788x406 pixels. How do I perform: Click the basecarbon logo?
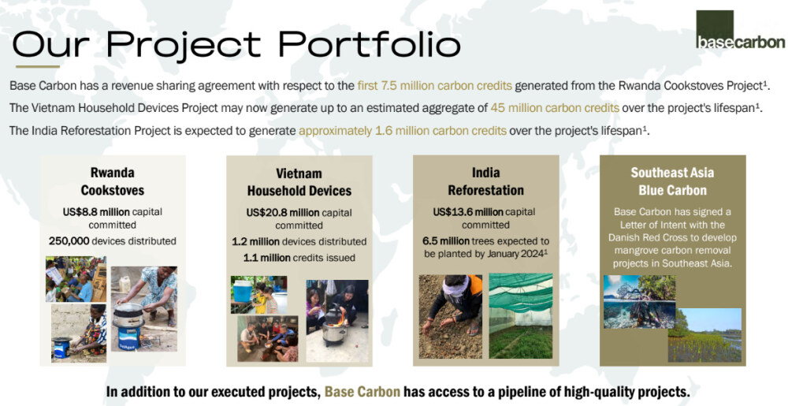(740, 30)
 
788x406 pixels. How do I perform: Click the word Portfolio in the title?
(370, 43)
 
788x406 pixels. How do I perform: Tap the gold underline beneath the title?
(38, 66)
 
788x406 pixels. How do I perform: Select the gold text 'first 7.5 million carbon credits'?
(435, 86)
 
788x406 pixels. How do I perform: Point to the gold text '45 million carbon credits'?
(555, 108)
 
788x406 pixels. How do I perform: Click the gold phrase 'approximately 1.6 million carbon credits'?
(403, 131)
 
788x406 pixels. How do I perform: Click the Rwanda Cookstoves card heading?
(113, 181)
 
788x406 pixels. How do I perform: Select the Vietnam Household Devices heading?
(299, 182)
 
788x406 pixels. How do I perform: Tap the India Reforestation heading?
(486, 181)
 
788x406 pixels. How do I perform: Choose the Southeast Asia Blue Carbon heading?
(672, 181)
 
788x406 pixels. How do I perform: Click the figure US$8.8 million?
(96, 212)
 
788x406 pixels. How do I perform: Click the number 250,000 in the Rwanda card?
(69, 241)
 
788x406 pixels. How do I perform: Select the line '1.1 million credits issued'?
(299, 258)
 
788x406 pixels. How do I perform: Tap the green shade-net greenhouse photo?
(521, 315)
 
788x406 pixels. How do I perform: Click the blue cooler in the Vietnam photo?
(243, 292)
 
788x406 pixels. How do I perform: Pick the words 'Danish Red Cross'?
(672, 237)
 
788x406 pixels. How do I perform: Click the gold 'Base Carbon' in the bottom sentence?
(362, 392)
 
